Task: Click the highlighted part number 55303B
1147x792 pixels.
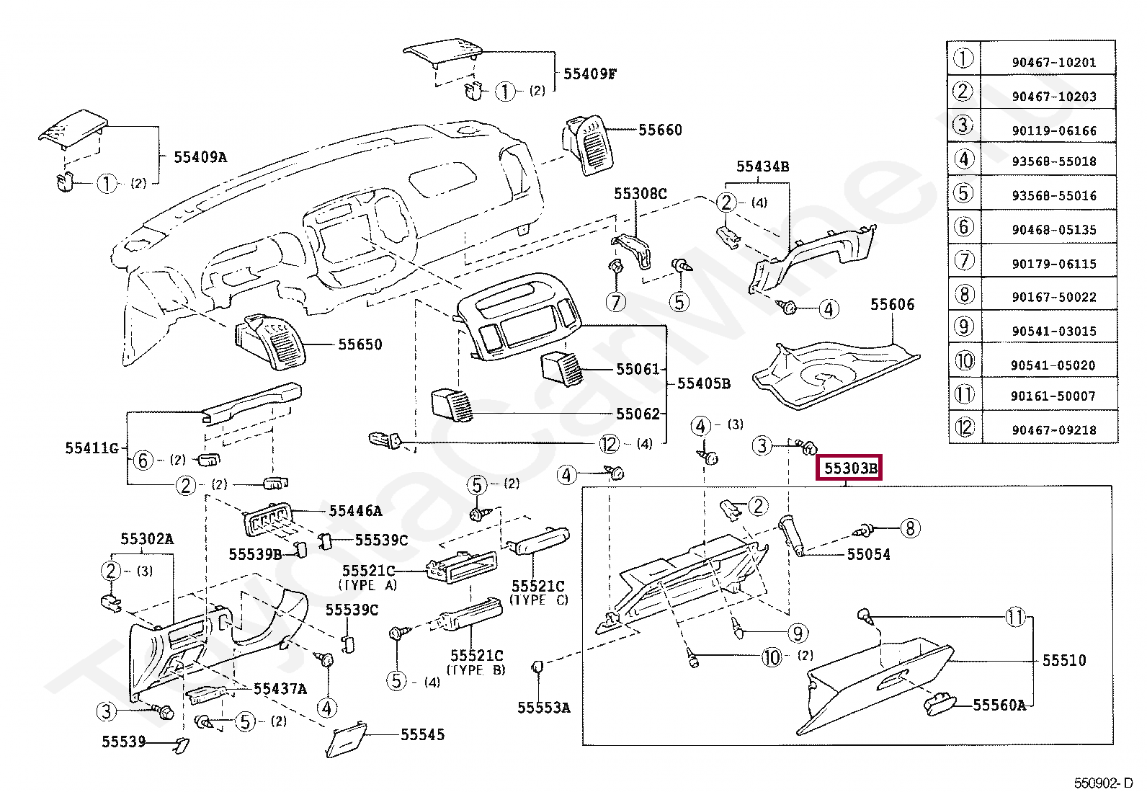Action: coord(851,468)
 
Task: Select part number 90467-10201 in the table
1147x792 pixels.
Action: coord(1053,63)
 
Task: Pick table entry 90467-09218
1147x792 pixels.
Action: coord(1053,430)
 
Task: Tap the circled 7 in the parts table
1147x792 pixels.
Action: coord(964,260)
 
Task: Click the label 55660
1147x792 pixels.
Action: coord(660,130)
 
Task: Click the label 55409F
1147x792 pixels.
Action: coord(589,74)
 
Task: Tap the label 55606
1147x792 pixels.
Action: coord(892,305)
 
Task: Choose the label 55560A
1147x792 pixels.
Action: coord(999,706)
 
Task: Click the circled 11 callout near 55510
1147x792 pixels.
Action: coord(1014,617)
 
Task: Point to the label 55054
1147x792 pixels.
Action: coord(868,554)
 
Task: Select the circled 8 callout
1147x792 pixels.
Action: coord(910,528)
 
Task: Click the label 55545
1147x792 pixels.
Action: coord(422,734)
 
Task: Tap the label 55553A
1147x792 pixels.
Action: coord(543,708)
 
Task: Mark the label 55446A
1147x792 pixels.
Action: coord(355,511)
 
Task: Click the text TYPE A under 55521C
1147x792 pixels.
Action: coord(368,585)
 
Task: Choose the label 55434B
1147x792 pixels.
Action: coord(762,166)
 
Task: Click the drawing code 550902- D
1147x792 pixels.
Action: coord(1102,783)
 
